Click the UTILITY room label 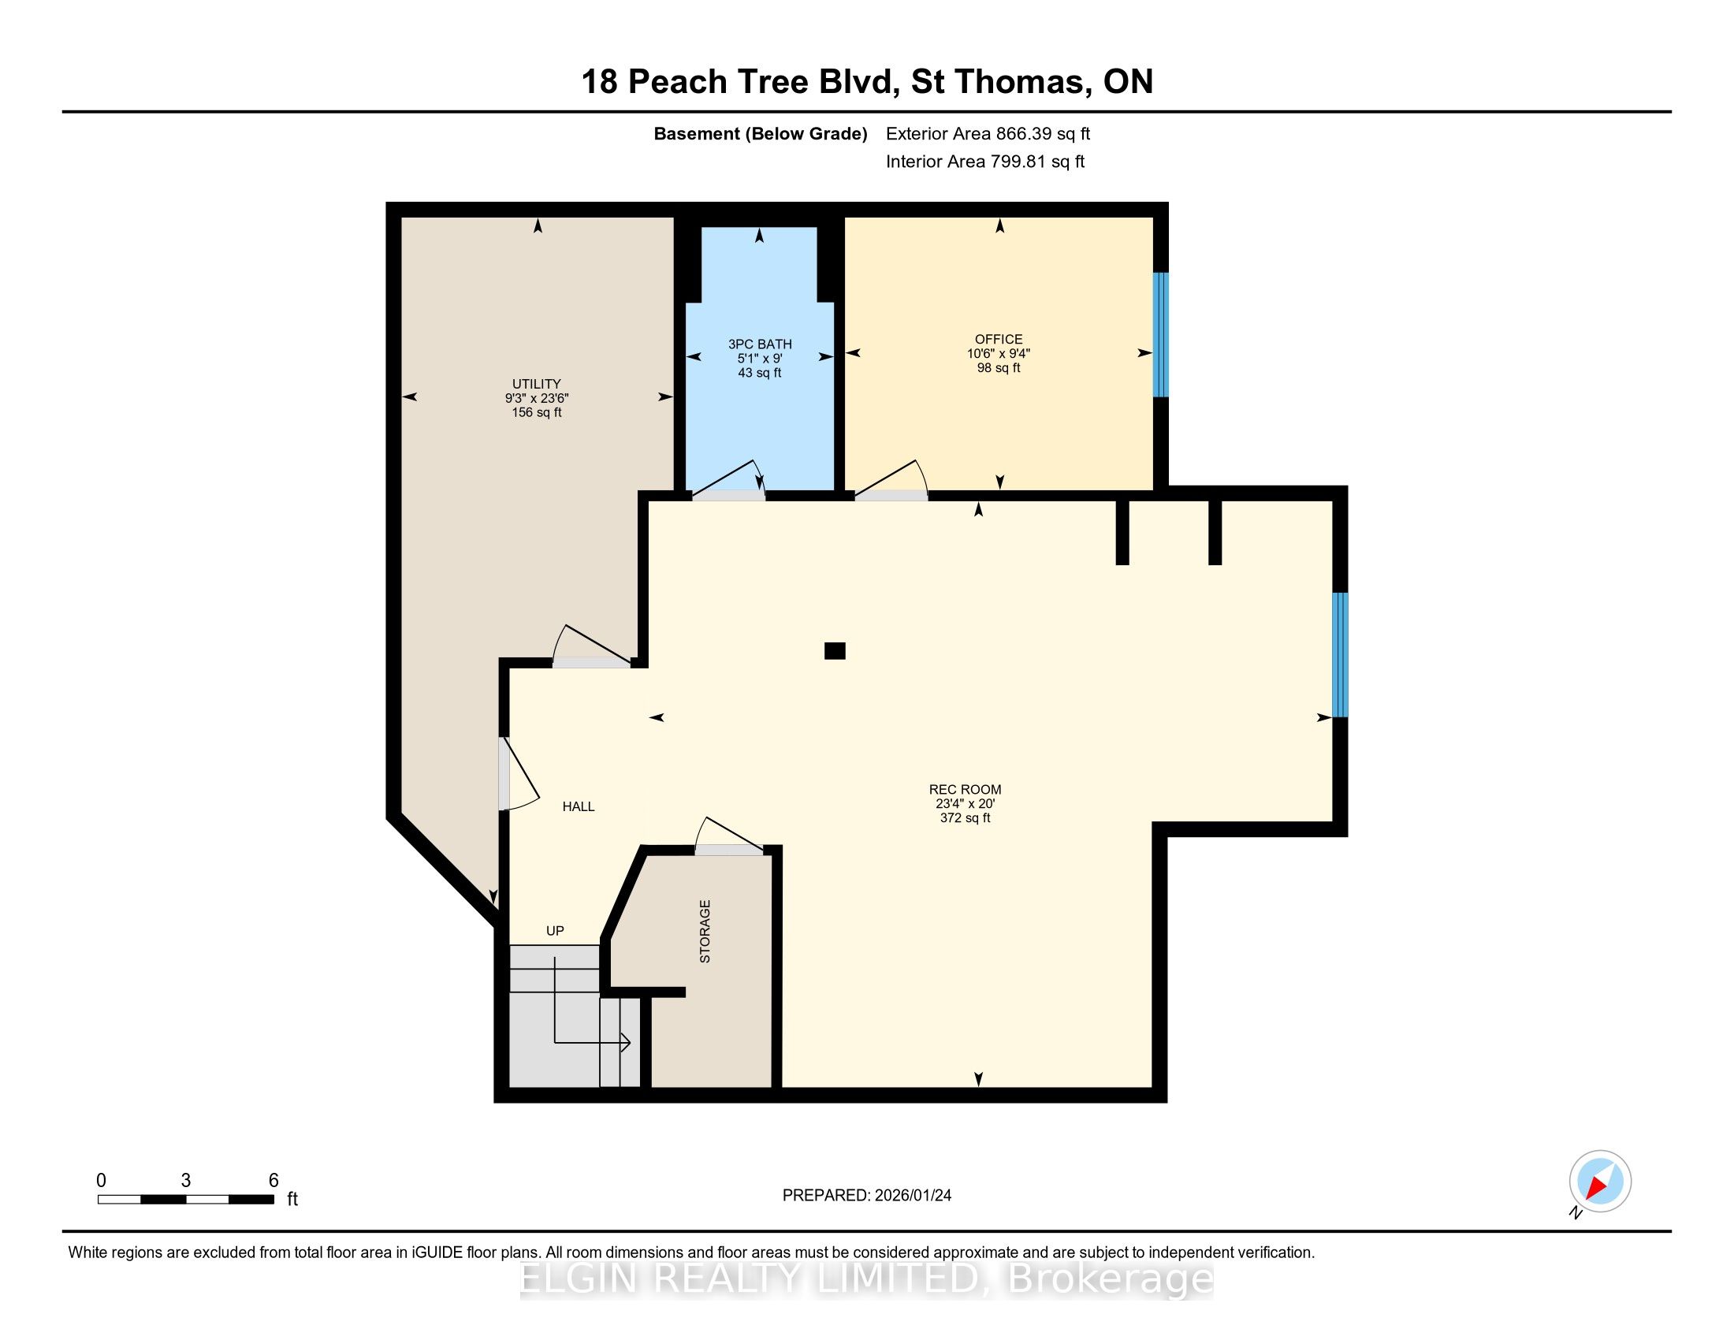(537, 384)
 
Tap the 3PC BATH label (760, 344)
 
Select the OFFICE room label (999, 339)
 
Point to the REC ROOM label (966, 789)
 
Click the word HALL (579, 806)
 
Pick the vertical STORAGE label (705, 931)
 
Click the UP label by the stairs (555, 930)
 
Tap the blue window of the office (1161, 334)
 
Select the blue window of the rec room (1340, 655)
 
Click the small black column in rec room (835, 651)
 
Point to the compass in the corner (1600, 1182)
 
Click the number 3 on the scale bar (186, 1181)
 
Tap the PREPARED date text (867, 1196)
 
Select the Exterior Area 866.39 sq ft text (988, 134)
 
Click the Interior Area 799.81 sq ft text (985, 162)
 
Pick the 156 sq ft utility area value (537, 413)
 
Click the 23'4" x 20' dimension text (966, 803)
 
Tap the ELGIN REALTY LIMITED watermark (867, 1279)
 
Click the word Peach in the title (677, 82)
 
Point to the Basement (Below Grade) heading (761, 134)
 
